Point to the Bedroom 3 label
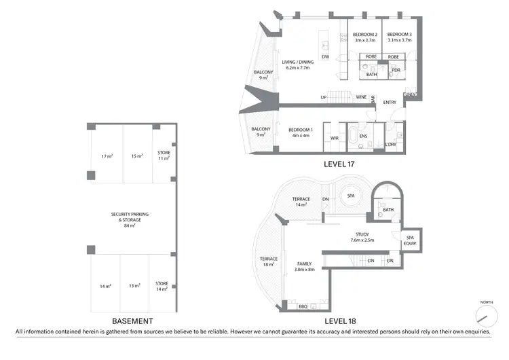[399, 37]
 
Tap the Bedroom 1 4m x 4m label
[300, 132]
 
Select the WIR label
[334, 138]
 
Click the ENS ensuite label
[363, 136]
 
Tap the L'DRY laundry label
[390, 144]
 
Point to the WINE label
[361, 97]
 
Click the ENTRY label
[390, 103]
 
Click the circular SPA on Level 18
[351, 197]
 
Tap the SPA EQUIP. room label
[411, 240]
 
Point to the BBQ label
[303, 307]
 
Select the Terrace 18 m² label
[269, 261]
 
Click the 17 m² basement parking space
[107, 156]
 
